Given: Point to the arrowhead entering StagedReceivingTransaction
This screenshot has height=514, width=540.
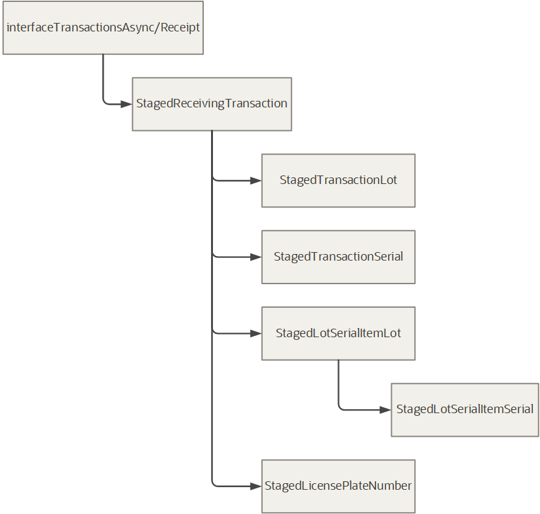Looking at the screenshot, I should coord(126,103).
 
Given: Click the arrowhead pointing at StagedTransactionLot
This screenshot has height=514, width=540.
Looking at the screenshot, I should coord(255,180).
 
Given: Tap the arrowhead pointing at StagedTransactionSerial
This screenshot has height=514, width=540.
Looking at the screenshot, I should coord(255,257).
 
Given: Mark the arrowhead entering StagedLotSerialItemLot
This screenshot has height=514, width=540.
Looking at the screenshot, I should coord(255,333).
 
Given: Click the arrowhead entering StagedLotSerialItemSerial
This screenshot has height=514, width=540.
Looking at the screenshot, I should coord(385,410).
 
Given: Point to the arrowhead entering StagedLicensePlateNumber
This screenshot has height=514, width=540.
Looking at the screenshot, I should coord(255,486).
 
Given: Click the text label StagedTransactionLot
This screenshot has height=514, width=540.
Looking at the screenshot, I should coord(338,180).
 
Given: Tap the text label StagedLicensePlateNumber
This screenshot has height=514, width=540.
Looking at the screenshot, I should coord(338,486).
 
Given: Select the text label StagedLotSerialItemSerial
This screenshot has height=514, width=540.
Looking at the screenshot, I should coord(465,409).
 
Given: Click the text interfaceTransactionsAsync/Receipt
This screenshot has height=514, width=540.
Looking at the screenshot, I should coord(103,28).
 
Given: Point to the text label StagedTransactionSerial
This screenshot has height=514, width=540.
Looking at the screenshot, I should coord(338,257).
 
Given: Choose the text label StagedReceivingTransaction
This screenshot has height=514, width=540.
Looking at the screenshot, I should coord(212,103).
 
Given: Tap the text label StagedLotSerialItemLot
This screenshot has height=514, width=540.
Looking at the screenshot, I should coord(338,333).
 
